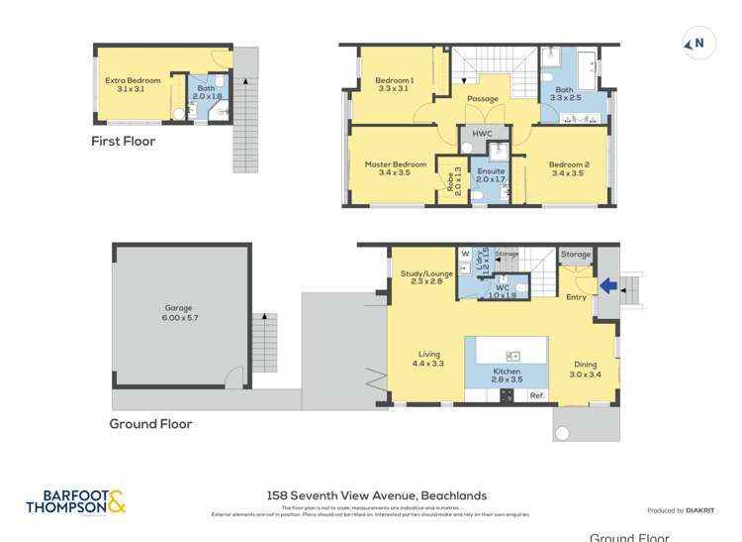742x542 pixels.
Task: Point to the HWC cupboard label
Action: pos(482,134)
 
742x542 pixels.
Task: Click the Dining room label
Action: pos(585,370)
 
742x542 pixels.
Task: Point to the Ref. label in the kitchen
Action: pos(537,395)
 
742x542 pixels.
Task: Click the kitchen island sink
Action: pos(512,356)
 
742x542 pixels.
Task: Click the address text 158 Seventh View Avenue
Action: pos(376,495)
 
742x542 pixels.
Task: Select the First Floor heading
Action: pos(124,142)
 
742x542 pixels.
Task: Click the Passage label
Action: pos(483,99)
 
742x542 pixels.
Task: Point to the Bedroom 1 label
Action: pos(395,84)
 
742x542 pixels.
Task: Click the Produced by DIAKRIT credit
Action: pos(680,510)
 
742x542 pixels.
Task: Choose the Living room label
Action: pos(428,359)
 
